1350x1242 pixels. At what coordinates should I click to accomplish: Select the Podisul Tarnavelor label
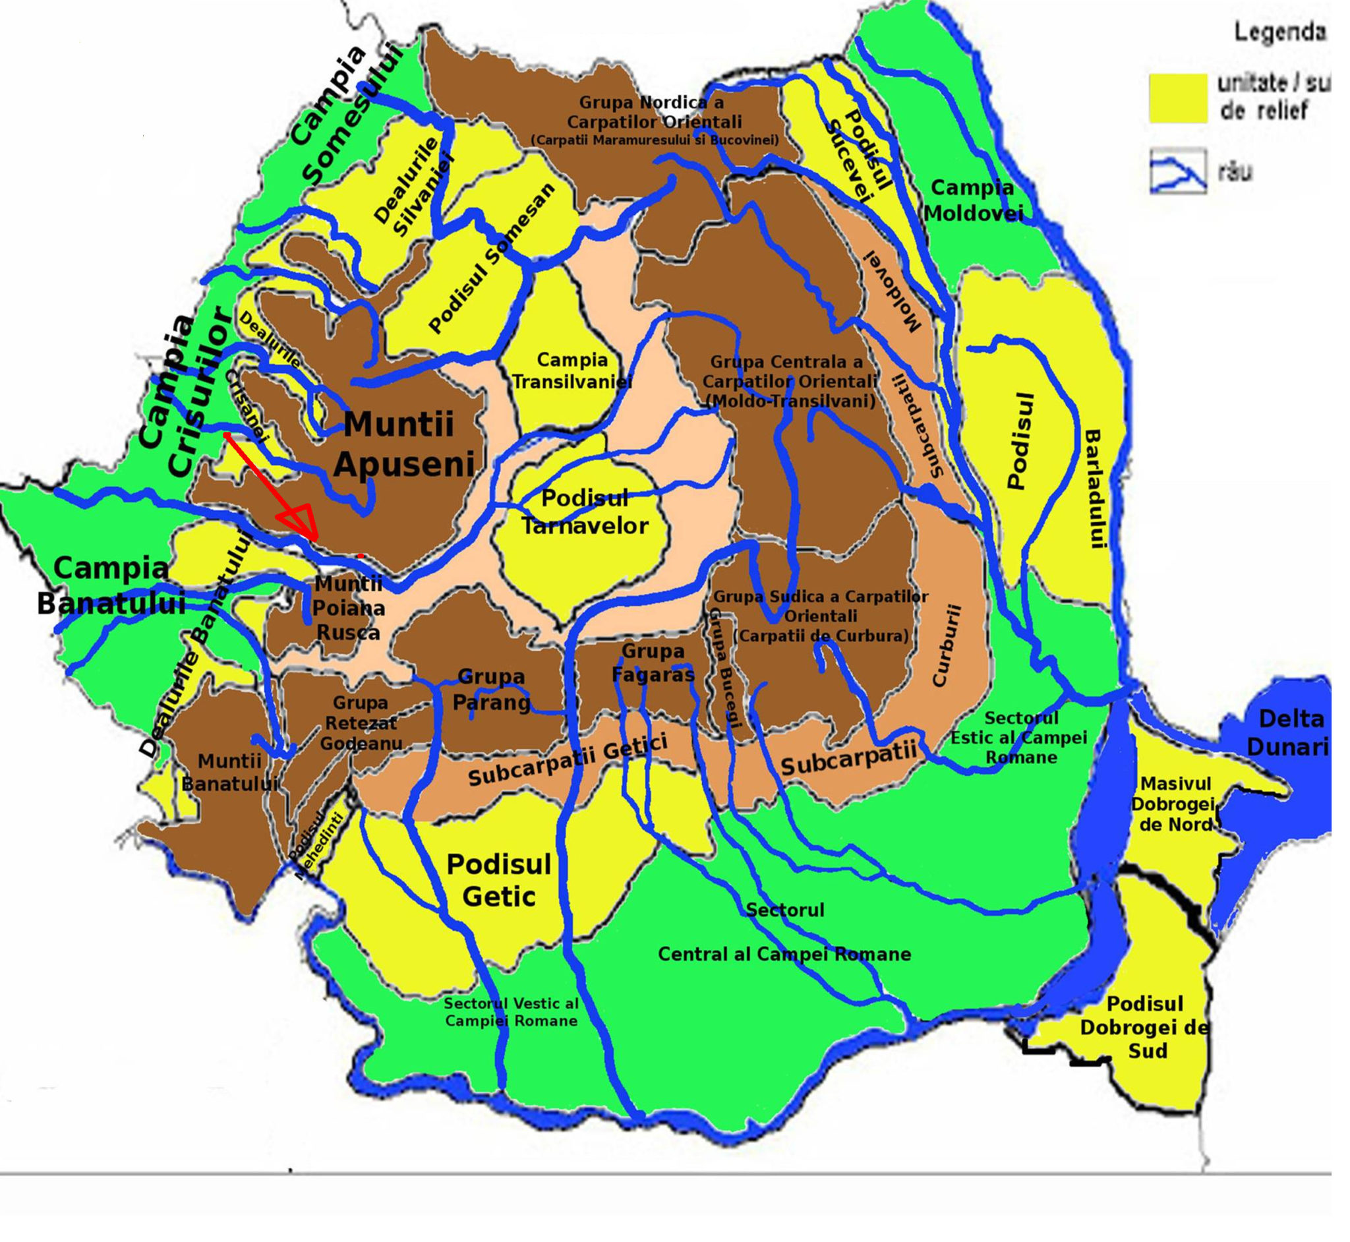point(585,512)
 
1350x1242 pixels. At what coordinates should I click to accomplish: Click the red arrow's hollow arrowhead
point(300,523)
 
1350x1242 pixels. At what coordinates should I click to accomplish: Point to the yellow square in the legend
point(1177,98)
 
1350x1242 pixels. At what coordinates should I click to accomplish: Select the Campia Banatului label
point(111,585)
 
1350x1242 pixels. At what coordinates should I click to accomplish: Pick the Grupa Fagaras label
point(653,662)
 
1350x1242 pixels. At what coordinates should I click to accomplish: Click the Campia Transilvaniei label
point(572,370)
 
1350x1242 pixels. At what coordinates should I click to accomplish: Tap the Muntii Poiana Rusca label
point(348,608)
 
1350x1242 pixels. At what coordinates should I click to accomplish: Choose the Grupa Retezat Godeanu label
point(361,723)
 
